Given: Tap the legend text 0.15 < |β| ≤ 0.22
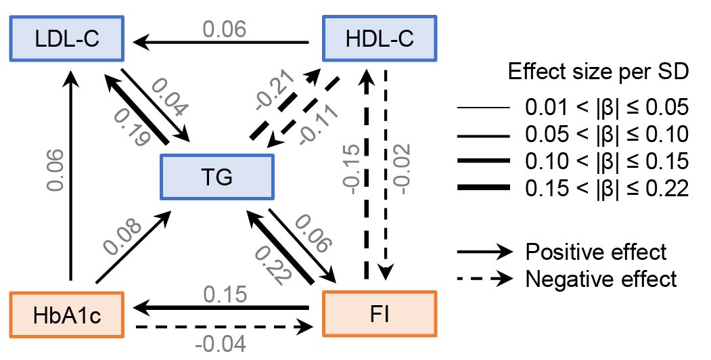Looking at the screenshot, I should [606, 189].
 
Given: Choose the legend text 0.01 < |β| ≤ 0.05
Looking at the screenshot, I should [606, 108].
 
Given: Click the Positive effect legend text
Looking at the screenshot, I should [596, 252].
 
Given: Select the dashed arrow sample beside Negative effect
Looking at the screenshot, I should [483, 278].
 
